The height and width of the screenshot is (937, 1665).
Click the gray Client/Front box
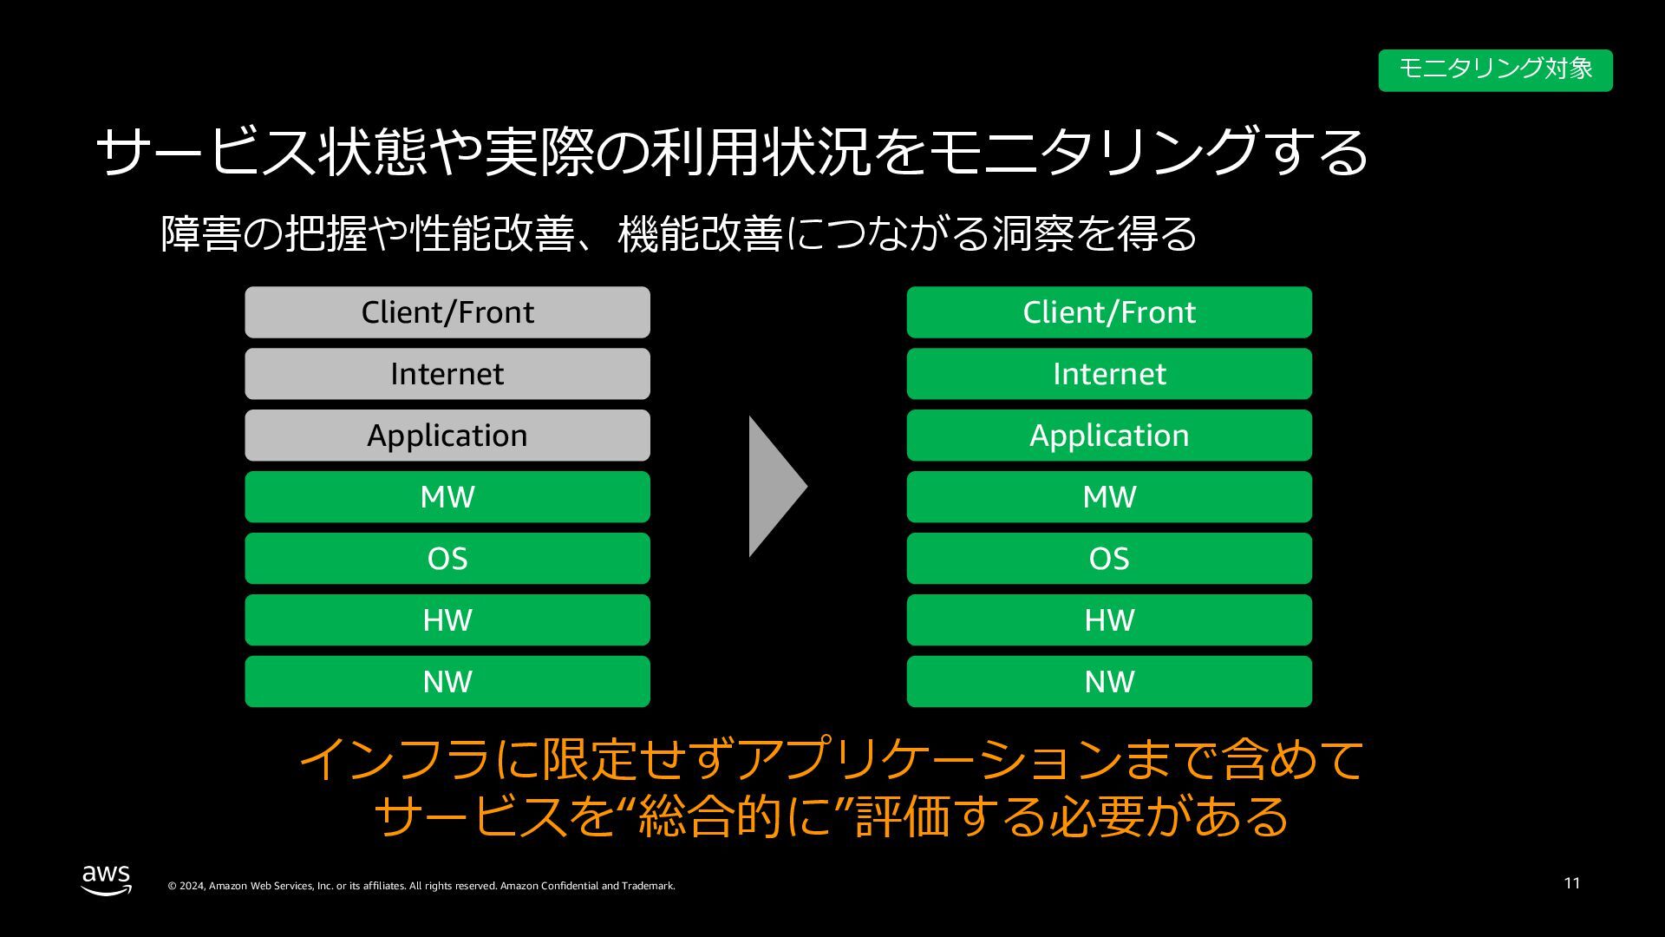pyautogui.click(x=447, y=312)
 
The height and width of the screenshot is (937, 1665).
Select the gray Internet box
pyautogui.click(x=447, y=374)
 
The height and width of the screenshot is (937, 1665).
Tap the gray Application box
pyautogui.click(x=447, y=436)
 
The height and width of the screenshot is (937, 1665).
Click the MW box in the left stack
pyautogui.click(x=447, y=497)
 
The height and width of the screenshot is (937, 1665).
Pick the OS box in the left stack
pyautogui.click(x=447, y=559)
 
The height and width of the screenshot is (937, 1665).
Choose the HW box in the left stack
pyautogui.click(x=447, y=620)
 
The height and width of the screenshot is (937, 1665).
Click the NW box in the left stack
pyautogui.click(x=447, y=682)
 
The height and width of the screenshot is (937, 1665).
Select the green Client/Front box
pyautogui.click(x=1109, y=312)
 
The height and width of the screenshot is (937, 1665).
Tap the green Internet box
pyautogui.click(x=1109, y=374)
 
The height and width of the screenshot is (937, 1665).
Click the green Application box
pyautogui.click(x=1109, y=436)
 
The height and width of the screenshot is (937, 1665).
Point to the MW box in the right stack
pyautogui.click(x=1109, y=497)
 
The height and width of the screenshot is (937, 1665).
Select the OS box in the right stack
pyautogui.click(x=1109, y=559)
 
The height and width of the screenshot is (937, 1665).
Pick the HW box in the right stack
pyautogui.click(x=1109, y=620)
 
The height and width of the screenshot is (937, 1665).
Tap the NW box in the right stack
pyautogui.click(x=1109, y=682)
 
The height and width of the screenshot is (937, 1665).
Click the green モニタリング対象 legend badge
pyautogui.click(x=1495, y=70)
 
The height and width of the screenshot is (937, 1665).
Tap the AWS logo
pyautogui.click(x=107, y=879)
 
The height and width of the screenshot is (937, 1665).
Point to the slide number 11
pyautogui.click(x=1571, y=883)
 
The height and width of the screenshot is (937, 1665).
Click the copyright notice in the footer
pyautogui.click(x=421, y=886)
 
